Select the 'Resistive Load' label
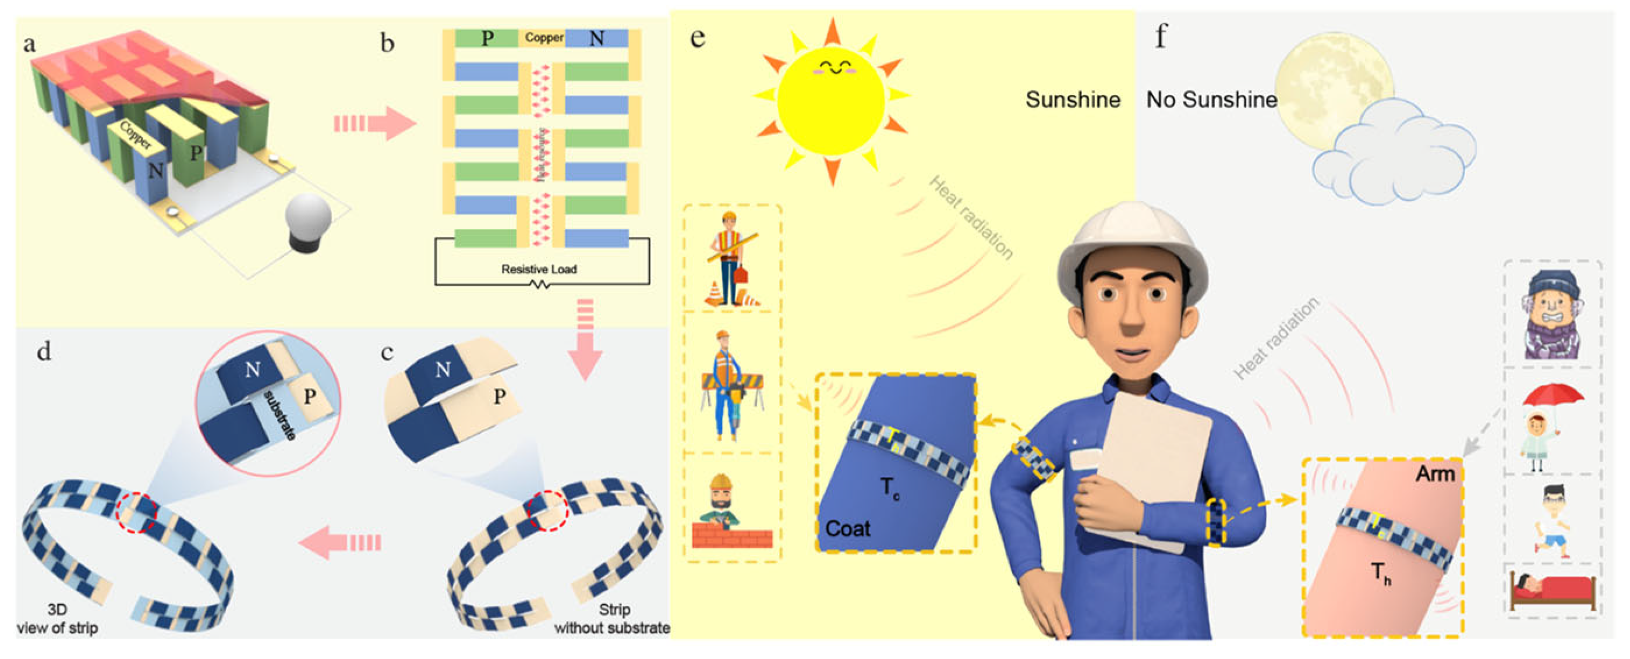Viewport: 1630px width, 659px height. tap(539, 269)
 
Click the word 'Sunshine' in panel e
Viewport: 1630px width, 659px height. tap(1073, 100)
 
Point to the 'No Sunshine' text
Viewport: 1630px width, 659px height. tap(1211, 100)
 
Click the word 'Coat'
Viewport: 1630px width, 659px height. tap(847, 528)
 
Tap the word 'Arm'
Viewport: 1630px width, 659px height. tap(1435, 474)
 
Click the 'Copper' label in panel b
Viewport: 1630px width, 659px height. tap(543, 38)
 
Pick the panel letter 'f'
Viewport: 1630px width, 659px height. tap(1160, 37)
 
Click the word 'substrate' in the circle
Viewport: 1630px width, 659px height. tap(279, 415)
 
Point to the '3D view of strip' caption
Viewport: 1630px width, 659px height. tap(57, 618)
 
